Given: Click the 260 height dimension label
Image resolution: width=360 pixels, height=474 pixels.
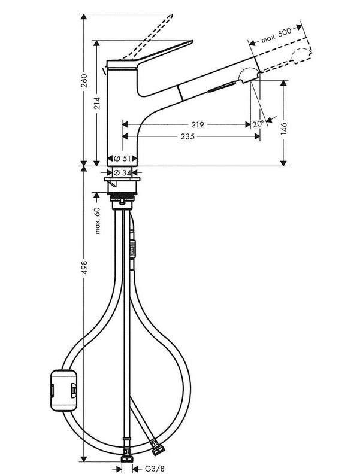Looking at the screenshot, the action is tap(84, 81).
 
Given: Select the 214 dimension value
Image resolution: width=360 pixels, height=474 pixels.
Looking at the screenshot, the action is tap(97, 103).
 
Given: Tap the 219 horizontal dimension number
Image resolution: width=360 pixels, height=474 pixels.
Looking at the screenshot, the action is tap(198, 124).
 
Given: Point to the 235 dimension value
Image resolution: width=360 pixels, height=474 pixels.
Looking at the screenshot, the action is tap(187, 136).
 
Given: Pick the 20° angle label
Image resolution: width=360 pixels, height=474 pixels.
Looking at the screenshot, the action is tap(258, 124).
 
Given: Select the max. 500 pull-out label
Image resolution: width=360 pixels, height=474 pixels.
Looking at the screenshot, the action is tap(276, 35).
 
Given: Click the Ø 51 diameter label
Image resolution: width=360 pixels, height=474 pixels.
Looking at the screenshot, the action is tap(122, 158).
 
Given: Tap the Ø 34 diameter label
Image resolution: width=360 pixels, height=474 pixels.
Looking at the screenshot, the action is tap(122, 172).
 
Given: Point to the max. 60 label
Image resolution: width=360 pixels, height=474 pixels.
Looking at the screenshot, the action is tap(97, 221).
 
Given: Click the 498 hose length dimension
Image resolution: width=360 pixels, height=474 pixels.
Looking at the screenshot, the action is tap(84, 268).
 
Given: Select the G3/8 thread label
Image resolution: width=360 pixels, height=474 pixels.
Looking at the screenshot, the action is tap(155, 469).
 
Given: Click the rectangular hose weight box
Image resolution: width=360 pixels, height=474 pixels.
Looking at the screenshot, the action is tap(63, 390).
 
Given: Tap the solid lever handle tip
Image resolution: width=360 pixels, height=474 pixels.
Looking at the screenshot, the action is tap(191, 42).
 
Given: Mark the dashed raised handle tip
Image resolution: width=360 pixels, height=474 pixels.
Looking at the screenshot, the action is tap(171, 15).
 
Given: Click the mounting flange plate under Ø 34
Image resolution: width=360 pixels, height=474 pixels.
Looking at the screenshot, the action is tap(122, 180).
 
